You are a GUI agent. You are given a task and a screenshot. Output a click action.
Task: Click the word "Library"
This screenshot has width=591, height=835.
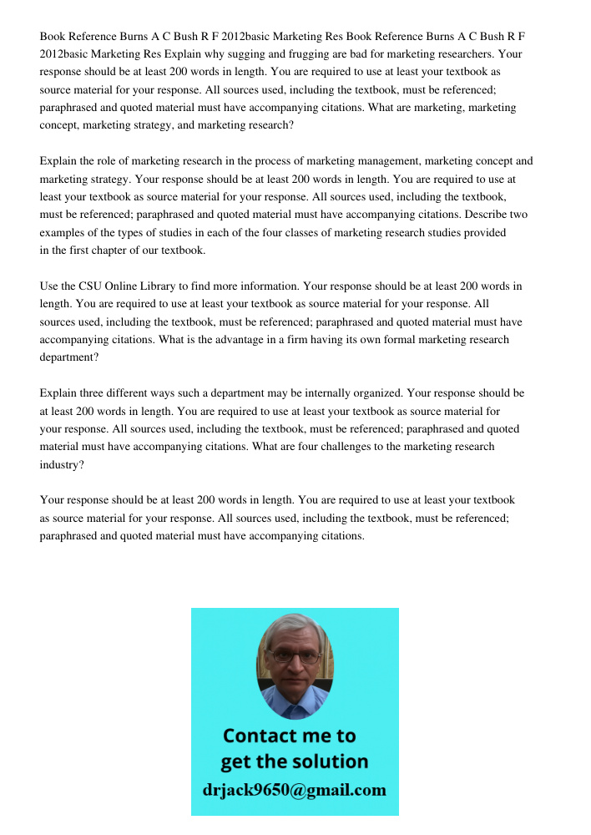click(160, 286)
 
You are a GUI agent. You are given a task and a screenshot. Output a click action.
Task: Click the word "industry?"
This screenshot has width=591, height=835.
click(62, 465)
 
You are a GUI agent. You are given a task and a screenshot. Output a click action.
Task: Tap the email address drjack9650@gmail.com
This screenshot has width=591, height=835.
click(295, 790)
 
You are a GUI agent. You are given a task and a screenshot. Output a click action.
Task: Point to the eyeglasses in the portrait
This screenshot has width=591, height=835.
click(295, 656)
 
